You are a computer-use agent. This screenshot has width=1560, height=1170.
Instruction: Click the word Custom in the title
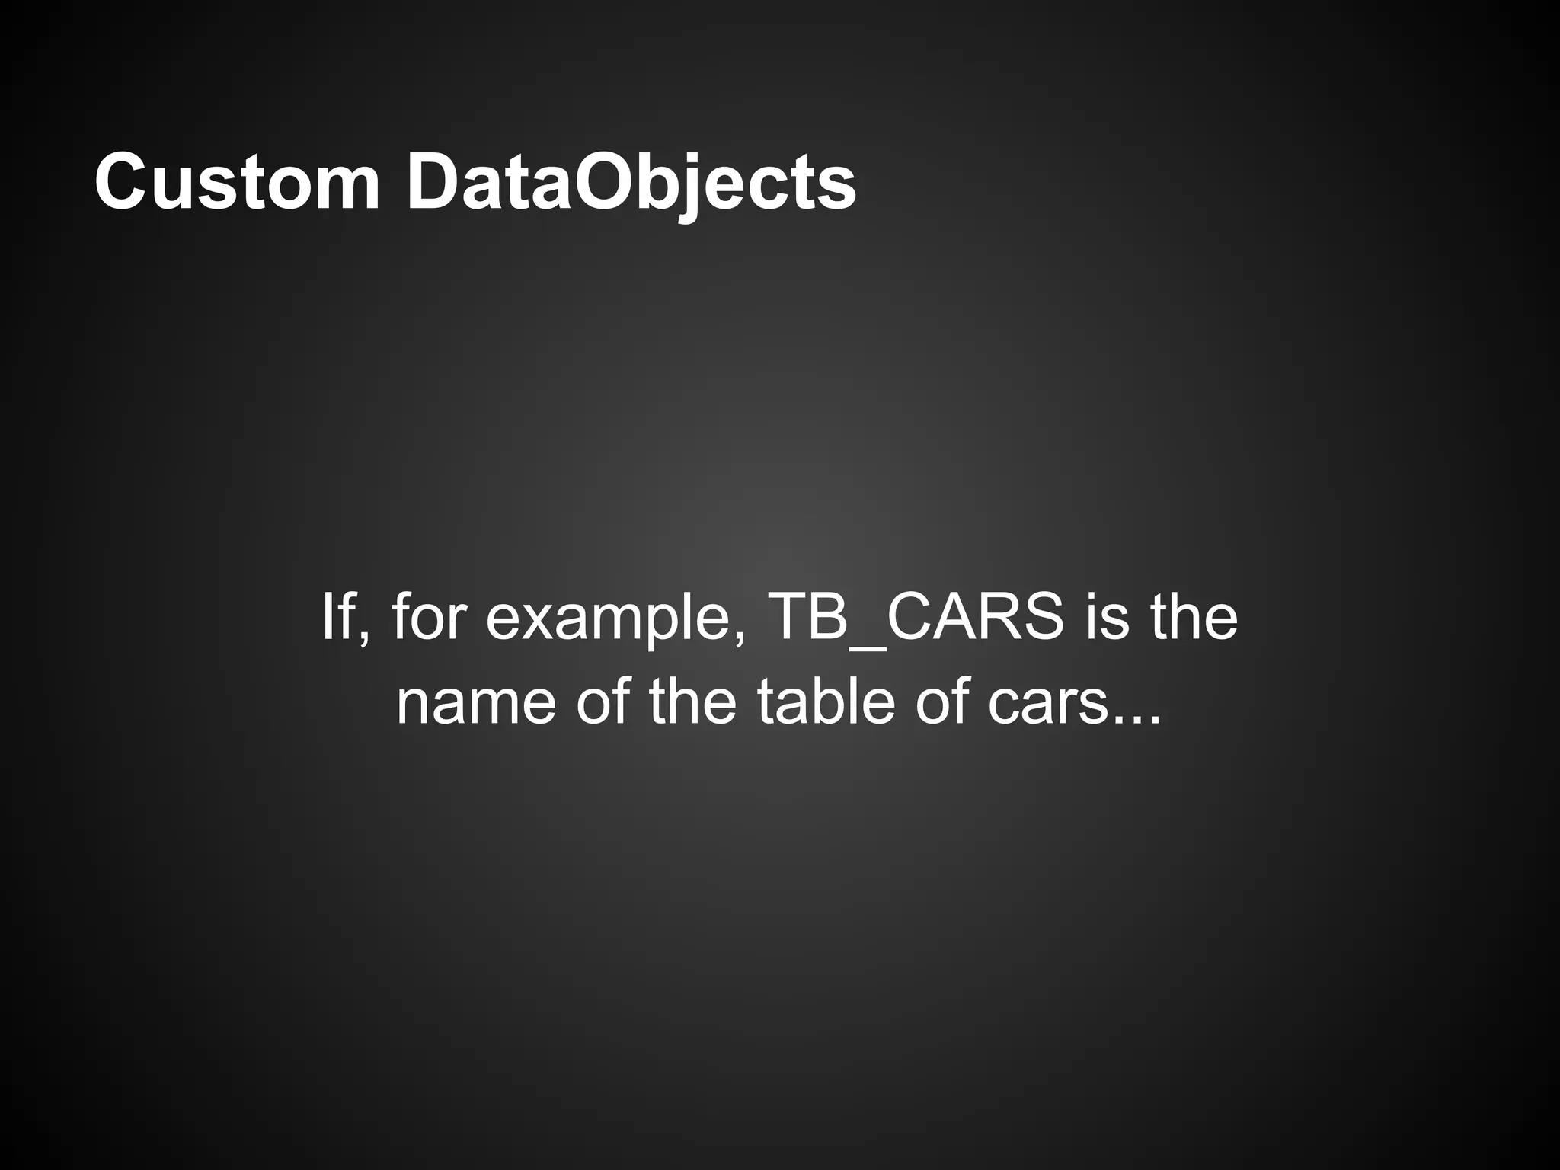coord(237,183)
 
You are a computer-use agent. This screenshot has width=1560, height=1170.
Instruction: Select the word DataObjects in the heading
coord(631,183)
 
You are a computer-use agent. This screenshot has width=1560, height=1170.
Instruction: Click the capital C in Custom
coord(121,183)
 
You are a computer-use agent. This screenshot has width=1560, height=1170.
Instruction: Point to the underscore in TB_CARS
coord(868,647)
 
